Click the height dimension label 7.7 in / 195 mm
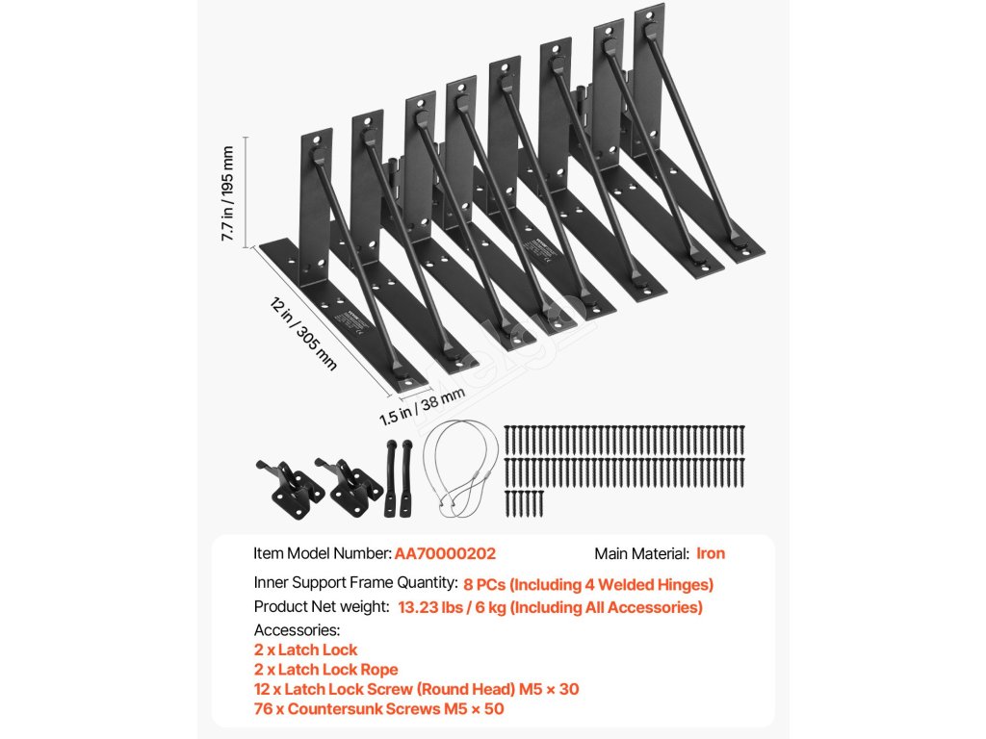(227, 193)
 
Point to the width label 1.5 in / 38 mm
(422, 405)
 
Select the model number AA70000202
(445, 553)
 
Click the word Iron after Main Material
(711, 553)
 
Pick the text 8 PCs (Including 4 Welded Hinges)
(588, 583)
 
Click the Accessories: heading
(297, 630)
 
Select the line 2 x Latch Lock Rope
(325, 670)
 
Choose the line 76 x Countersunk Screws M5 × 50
(378, 709)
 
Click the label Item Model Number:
(323, 553)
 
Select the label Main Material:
(641, 553)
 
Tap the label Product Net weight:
(322, 607)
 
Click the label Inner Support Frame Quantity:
(355, 583)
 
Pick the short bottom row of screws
(525, 502)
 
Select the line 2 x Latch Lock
(305, 650)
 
